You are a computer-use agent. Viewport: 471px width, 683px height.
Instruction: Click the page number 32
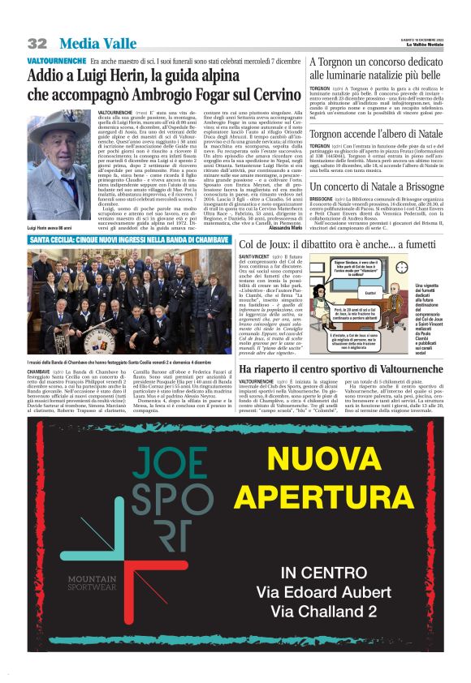(x=37, y=43)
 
